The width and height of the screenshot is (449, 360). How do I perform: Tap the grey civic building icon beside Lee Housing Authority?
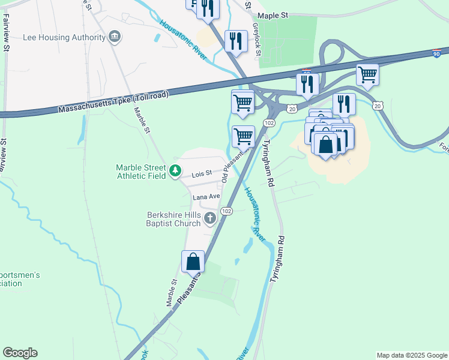tap(113, 37)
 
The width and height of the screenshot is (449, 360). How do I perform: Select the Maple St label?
tap(273, 16)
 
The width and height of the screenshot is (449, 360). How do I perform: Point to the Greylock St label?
tap(256, 40)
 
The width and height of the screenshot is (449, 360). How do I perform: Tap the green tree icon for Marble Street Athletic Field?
tap(175, 172)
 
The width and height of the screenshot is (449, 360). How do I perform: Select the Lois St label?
tap(202, 175)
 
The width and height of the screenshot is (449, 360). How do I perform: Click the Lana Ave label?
tap(206, 197)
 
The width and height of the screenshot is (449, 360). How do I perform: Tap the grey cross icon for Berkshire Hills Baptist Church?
tap(210, 218)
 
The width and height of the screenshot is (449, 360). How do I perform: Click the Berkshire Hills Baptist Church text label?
tap(174, 219)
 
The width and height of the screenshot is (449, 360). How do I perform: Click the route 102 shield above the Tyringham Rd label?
tap(270, 123)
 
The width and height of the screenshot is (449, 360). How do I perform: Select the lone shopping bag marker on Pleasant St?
tap(193, 262)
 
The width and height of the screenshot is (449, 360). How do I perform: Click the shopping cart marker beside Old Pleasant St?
tap(243, 136)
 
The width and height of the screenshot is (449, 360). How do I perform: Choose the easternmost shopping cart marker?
tap(367, 75)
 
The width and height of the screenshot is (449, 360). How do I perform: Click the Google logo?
tap(20, 353)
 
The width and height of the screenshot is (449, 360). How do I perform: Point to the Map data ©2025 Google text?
tap(411, 355)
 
